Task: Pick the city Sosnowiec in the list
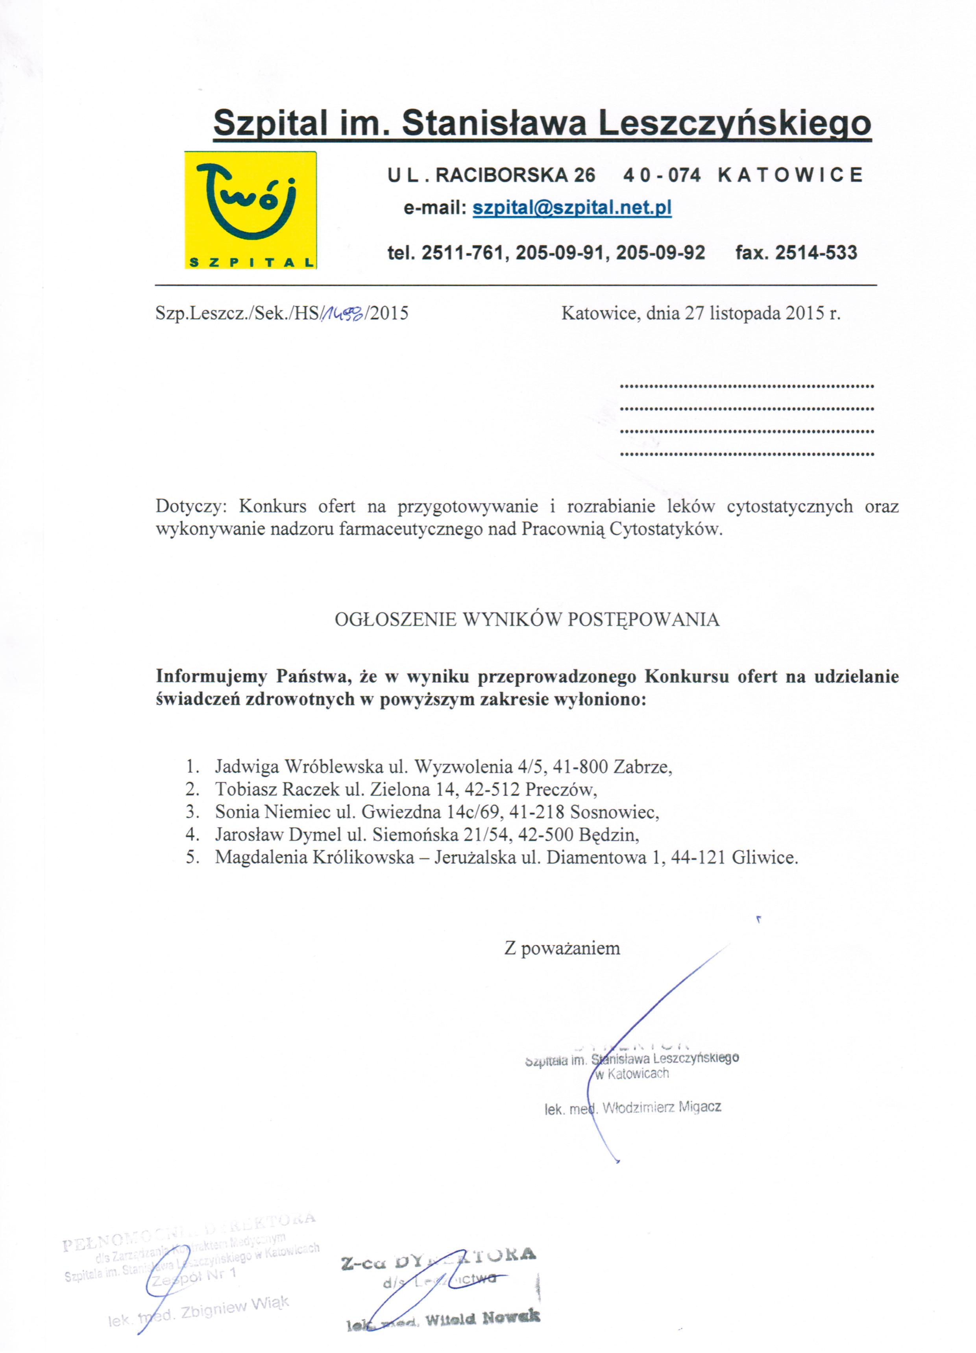tap(614, 812)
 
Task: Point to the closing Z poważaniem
tap(562, 949)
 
